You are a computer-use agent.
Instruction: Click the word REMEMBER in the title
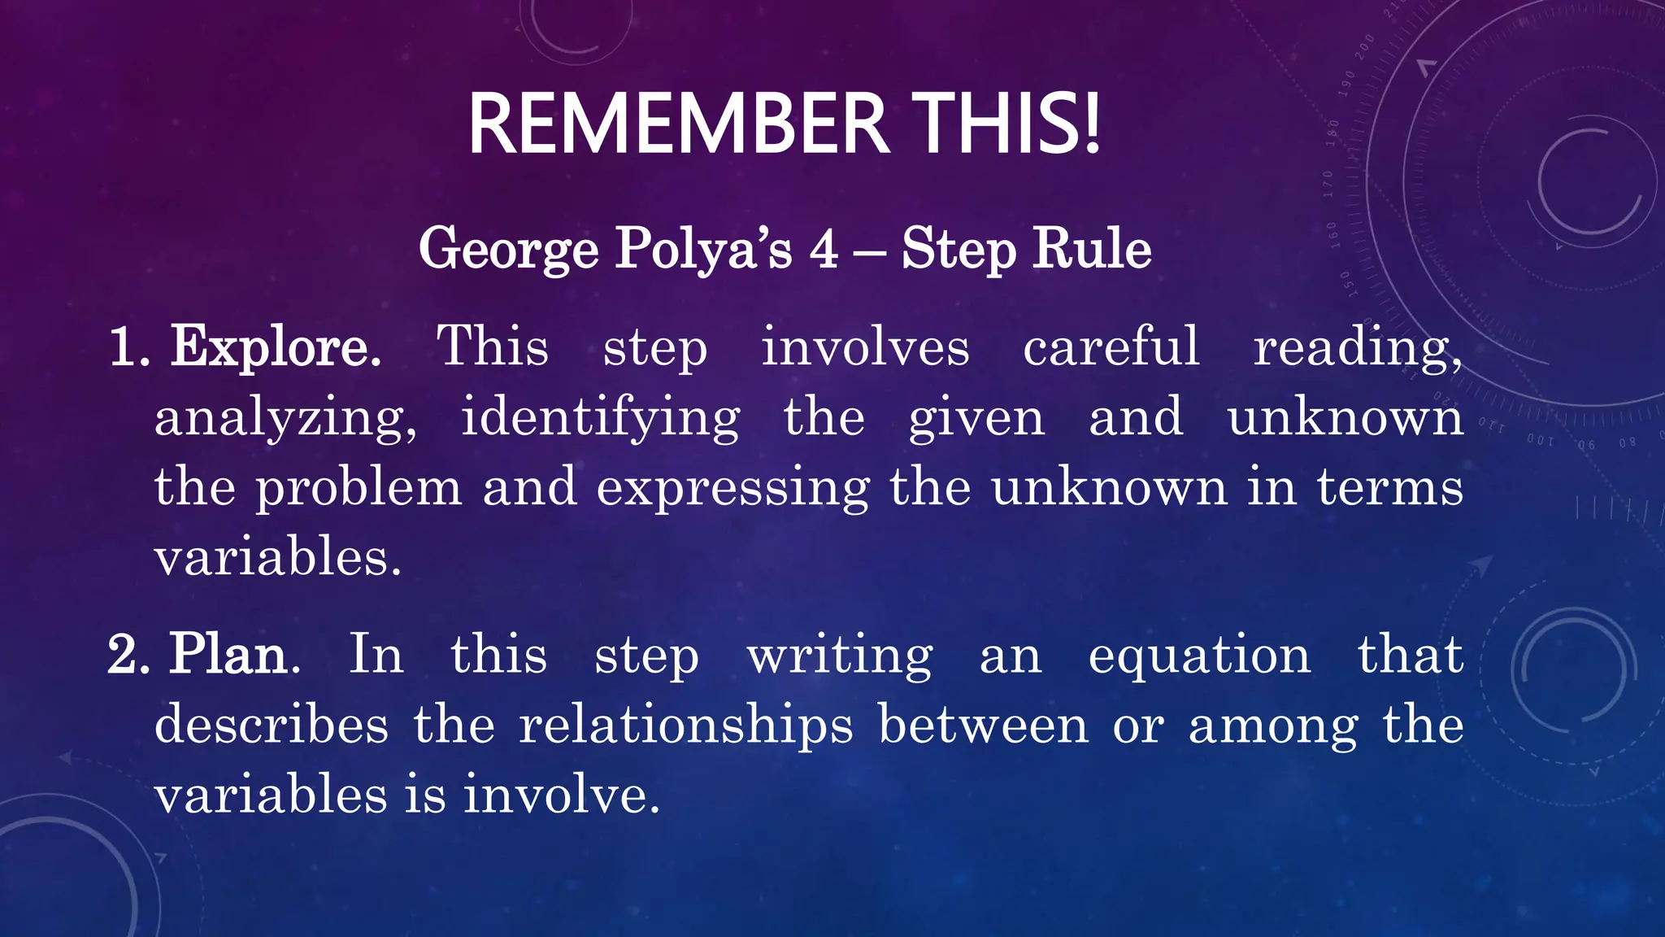[x=679, y=124]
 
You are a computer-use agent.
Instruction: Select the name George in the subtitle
[x=508, y=249]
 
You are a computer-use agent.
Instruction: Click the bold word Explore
[x=275, y=347]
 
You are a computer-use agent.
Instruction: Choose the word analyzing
[x=285, y=419]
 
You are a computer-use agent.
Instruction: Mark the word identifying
[x=600, y=419]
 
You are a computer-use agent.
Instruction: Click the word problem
[x=359, y=489]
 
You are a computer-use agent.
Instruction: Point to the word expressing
[x=733, y=489]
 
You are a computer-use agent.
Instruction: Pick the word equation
[x=1199, y=656]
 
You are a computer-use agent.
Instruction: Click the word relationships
[x=686, y=726]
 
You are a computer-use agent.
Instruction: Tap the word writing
[x=840, y=656]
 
